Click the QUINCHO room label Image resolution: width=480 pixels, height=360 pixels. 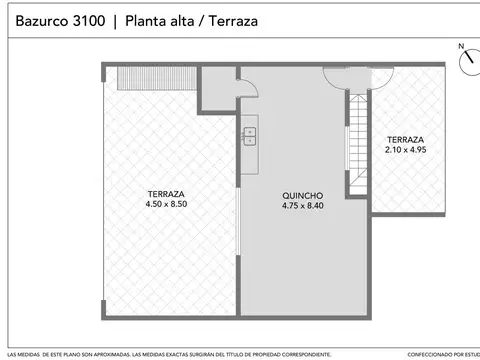[x=301, y=196]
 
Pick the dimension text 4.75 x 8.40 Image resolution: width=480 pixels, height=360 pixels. [x=301, y=206]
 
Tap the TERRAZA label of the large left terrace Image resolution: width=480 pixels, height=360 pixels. [x=166, y=194]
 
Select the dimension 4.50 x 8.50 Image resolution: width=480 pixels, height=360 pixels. [x=166, y=204]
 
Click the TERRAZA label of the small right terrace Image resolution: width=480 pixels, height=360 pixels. [x=405, y=140]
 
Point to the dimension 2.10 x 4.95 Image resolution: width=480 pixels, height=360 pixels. [x=405, y=150]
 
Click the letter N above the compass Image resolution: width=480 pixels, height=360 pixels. [x=461, y=46]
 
